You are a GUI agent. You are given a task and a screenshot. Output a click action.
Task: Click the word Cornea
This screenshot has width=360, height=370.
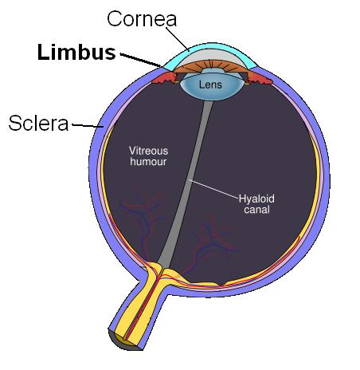click(x=142, y=19)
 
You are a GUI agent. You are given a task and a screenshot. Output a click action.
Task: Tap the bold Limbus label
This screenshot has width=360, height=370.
click(x=76, y=52)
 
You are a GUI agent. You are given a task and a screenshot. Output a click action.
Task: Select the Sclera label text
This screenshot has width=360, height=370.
click(x=38, y=123)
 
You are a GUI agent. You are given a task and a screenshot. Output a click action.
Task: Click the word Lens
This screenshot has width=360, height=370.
click(x=210, y=85)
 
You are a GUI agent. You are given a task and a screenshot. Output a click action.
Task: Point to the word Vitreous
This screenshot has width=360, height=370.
click(x=148, y=151)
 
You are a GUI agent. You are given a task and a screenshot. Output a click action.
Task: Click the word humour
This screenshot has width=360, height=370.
click(x=148, y=162)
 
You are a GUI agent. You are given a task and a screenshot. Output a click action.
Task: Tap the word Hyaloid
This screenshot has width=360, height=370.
click(x=256, y=199)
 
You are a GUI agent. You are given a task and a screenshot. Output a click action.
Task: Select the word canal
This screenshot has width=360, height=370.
click(x=256, y=210)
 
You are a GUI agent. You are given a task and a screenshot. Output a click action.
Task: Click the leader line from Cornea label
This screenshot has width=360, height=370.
click(x=178, y=38)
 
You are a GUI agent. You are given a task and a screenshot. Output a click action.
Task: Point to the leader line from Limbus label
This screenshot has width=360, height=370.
click(x=141, y=60)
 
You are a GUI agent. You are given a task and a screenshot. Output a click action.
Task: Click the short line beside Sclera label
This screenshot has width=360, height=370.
click(x=88, y=125)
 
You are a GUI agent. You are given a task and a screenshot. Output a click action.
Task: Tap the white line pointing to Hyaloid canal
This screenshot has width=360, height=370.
click(x=213, y=189)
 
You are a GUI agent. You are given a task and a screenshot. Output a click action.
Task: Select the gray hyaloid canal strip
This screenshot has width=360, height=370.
click(x=186, y=183)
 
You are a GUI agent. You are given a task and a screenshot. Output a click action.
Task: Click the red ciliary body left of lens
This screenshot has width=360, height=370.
click(x=165, y=77)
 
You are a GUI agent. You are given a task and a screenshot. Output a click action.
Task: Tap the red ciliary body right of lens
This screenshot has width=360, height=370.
click(x=259, y=77)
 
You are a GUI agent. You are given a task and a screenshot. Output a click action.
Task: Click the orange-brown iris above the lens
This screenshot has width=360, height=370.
click(x=212, y=67)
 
